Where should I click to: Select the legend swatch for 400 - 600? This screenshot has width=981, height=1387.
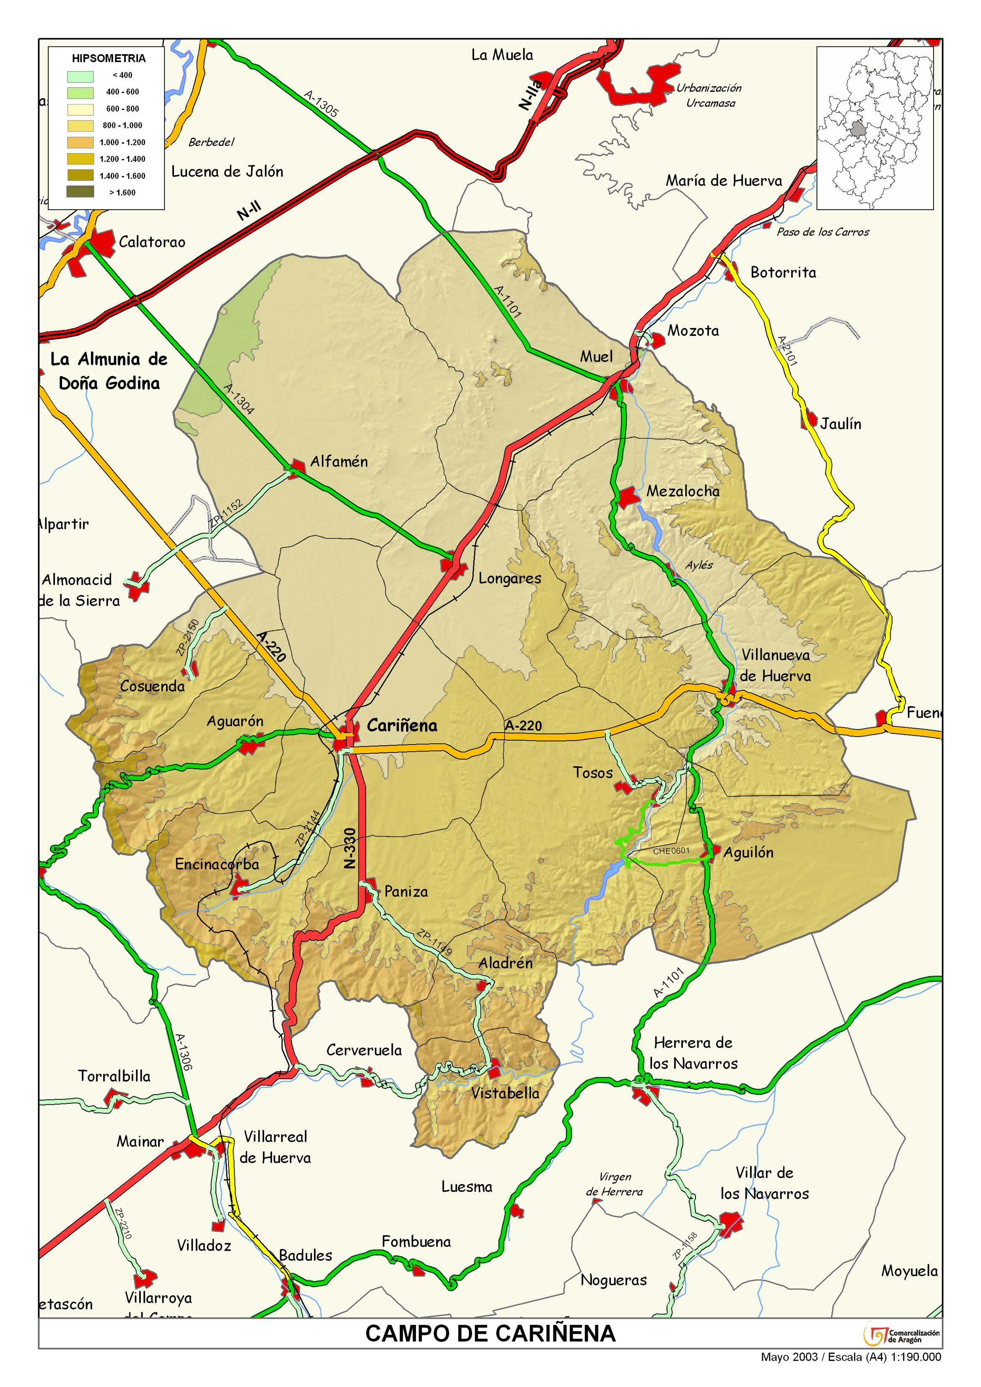point(80,92)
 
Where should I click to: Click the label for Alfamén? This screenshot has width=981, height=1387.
point(338,462)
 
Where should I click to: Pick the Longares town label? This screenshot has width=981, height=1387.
point(509,578)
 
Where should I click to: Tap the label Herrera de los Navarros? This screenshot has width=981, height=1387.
point(693,1053)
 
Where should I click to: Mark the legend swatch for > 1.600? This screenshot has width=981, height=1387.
point(80,192)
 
